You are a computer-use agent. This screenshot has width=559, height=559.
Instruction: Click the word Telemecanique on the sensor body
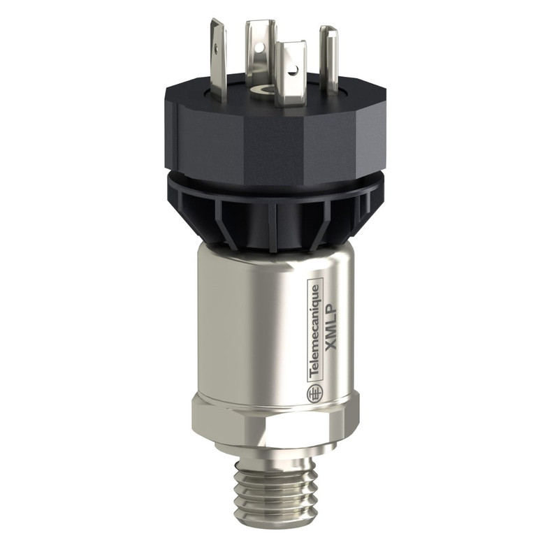(315, 335)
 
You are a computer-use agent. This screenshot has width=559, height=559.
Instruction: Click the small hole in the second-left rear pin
(259, 48)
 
